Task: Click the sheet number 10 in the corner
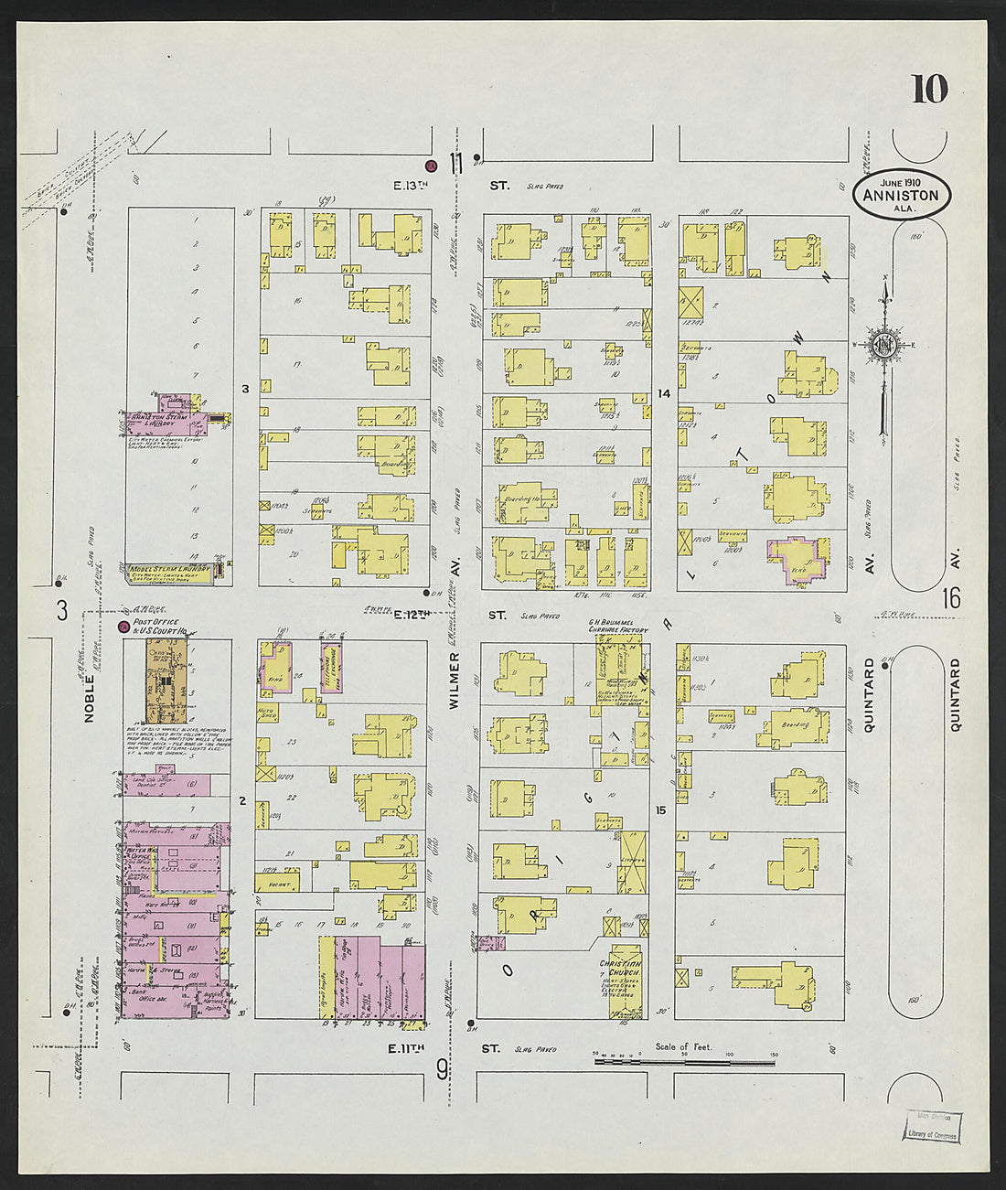[x=928, y=89]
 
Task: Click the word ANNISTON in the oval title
[x=901, y=195]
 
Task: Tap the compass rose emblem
[x=884, y=345]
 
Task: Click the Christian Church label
[x=620, y=968]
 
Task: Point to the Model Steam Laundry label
[x=169, y=569]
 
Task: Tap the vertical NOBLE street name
[x=90, y=700]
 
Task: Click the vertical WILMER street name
[x=454, y=681]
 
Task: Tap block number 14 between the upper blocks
[x=663, y=393]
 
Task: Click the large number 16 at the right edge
[x=951, y=599]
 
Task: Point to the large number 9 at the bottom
[x=442, y=1068]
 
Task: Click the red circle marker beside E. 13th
[x=430, y=166]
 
